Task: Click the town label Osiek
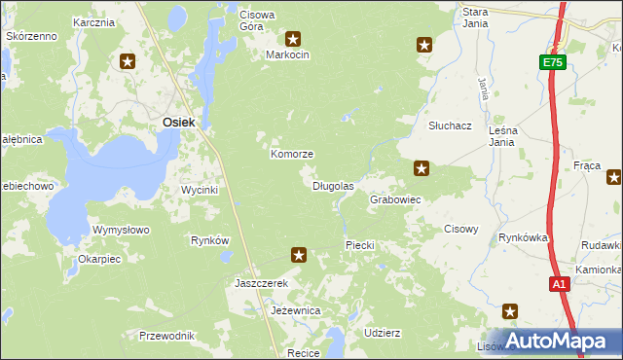point(178,122)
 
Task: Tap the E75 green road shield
point(553,62)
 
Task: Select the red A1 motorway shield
point(559,285)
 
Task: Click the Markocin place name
point(287,55)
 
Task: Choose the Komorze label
point(291,155)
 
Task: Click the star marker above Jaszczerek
point(300,255)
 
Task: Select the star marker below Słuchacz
point(421,168)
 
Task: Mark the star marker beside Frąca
point(614,177)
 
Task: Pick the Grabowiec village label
point(395,199)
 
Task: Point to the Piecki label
point(360,245)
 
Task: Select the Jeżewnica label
point(296,310)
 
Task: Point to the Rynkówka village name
point(524,237)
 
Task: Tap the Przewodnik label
point(166,336)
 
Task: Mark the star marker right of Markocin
point(424,44)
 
